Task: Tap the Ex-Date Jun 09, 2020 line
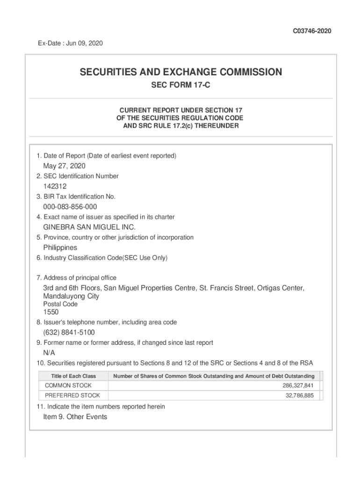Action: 70,44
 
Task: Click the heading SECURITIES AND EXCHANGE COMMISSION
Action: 180,72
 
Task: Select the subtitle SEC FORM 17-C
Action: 180,87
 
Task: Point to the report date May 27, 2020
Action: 64,166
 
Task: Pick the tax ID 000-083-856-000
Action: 70,207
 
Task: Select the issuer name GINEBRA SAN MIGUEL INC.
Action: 89,227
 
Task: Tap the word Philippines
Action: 60,247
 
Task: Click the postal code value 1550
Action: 51,312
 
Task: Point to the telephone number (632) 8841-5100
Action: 69,333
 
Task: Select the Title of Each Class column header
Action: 73,376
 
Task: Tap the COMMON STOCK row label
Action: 68,385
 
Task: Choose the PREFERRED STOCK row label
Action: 72,395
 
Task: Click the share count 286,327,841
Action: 298,385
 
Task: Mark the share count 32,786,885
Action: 300,395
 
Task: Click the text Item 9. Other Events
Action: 75,417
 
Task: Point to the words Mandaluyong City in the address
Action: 71,296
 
